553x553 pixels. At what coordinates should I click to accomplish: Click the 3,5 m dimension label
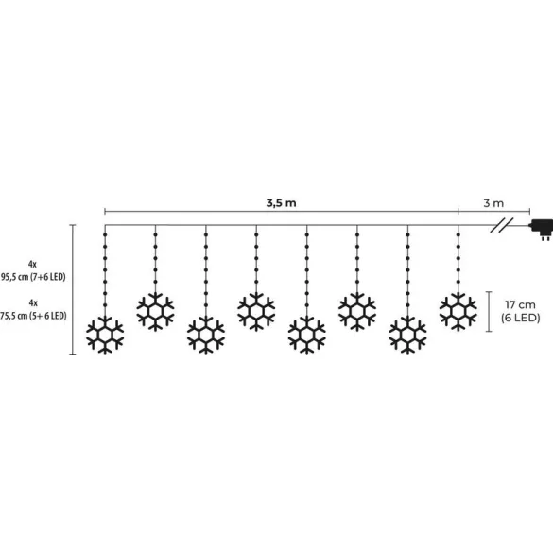pyautogui.click(x=281, y=203)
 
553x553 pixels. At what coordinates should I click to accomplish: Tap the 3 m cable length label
pyautogui.click(x=493, y=203)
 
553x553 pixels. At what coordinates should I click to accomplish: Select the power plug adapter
pyautogui.click(x=542, y=229)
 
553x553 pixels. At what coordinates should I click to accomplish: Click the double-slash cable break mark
pyautogui.click(x=502, y=225)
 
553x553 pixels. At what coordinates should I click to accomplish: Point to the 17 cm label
pyautogui.click(x=520, y=304)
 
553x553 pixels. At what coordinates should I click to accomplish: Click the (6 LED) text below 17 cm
pyautogui.click(x=521, y=318)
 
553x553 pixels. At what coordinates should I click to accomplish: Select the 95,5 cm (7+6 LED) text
pyautogui.click(x=33, y=277)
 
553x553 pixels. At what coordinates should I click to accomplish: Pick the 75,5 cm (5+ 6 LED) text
pyautogui.click(x=33, y=316)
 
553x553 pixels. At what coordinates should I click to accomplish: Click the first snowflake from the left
pyautogui.click(x=105, y=336)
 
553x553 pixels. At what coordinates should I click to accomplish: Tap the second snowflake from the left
pyautogui.click(x=156, y=311)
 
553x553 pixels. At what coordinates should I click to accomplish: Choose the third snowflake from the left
pyautogui.click(x=206, y=336)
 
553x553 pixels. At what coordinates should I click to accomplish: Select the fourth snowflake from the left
pyautogui.click(x=256, y=311)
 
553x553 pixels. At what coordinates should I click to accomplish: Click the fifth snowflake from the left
pyautogui.click(x=307, y=336)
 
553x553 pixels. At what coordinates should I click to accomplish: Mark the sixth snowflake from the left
pyautogui.click(x=357, y=311)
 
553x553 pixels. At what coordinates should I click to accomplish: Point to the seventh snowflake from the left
pyautogui.click(x=407, y=336)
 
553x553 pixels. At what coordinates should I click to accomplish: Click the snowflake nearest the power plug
pyautogui.click(x=458, y=311)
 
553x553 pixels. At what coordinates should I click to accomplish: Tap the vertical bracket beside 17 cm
pyautogui.click(x=489, y=312)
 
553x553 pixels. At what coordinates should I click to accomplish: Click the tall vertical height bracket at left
pyautogui.click(x=73, y=289)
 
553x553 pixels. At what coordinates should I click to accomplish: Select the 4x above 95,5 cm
pyautogui.click(x=32, y=264)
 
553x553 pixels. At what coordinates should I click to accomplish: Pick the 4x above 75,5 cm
pyautogui.click(x=33, y=302)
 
